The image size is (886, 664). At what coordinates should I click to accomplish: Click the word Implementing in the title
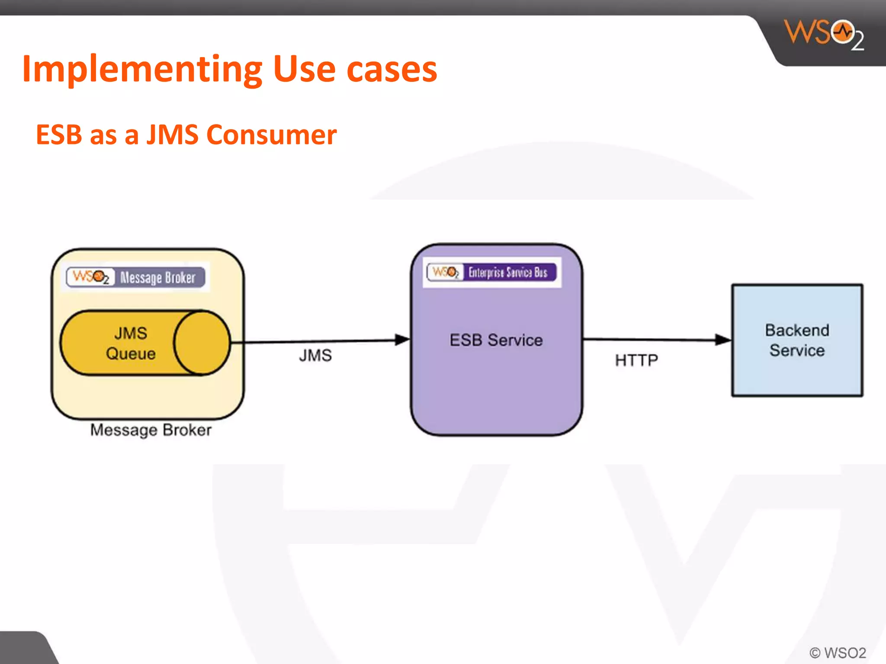coord(142,69)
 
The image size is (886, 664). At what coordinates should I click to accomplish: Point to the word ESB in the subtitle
coord(59,134)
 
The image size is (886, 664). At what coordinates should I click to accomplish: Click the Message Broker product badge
coord(136,277)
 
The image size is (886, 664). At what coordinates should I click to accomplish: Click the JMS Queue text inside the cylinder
coord(130,343)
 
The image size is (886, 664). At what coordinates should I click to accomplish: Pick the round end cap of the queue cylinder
coord(202,342)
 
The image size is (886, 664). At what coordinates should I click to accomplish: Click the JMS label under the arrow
coord(315,356)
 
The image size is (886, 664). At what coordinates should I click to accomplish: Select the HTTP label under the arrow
coord(636,360)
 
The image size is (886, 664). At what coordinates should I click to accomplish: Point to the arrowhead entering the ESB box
coord(402,340)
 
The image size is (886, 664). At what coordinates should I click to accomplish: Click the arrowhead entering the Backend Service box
coord(723,340)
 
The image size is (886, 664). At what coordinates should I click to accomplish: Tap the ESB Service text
coord(496,340)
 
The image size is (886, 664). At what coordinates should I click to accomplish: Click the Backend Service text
coord(797,340)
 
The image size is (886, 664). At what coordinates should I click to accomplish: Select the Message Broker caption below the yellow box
coord(151,430)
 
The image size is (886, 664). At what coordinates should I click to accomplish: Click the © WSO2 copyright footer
coord(838,653)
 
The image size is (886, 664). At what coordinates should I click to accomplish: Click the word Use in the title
coord(304,69)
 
